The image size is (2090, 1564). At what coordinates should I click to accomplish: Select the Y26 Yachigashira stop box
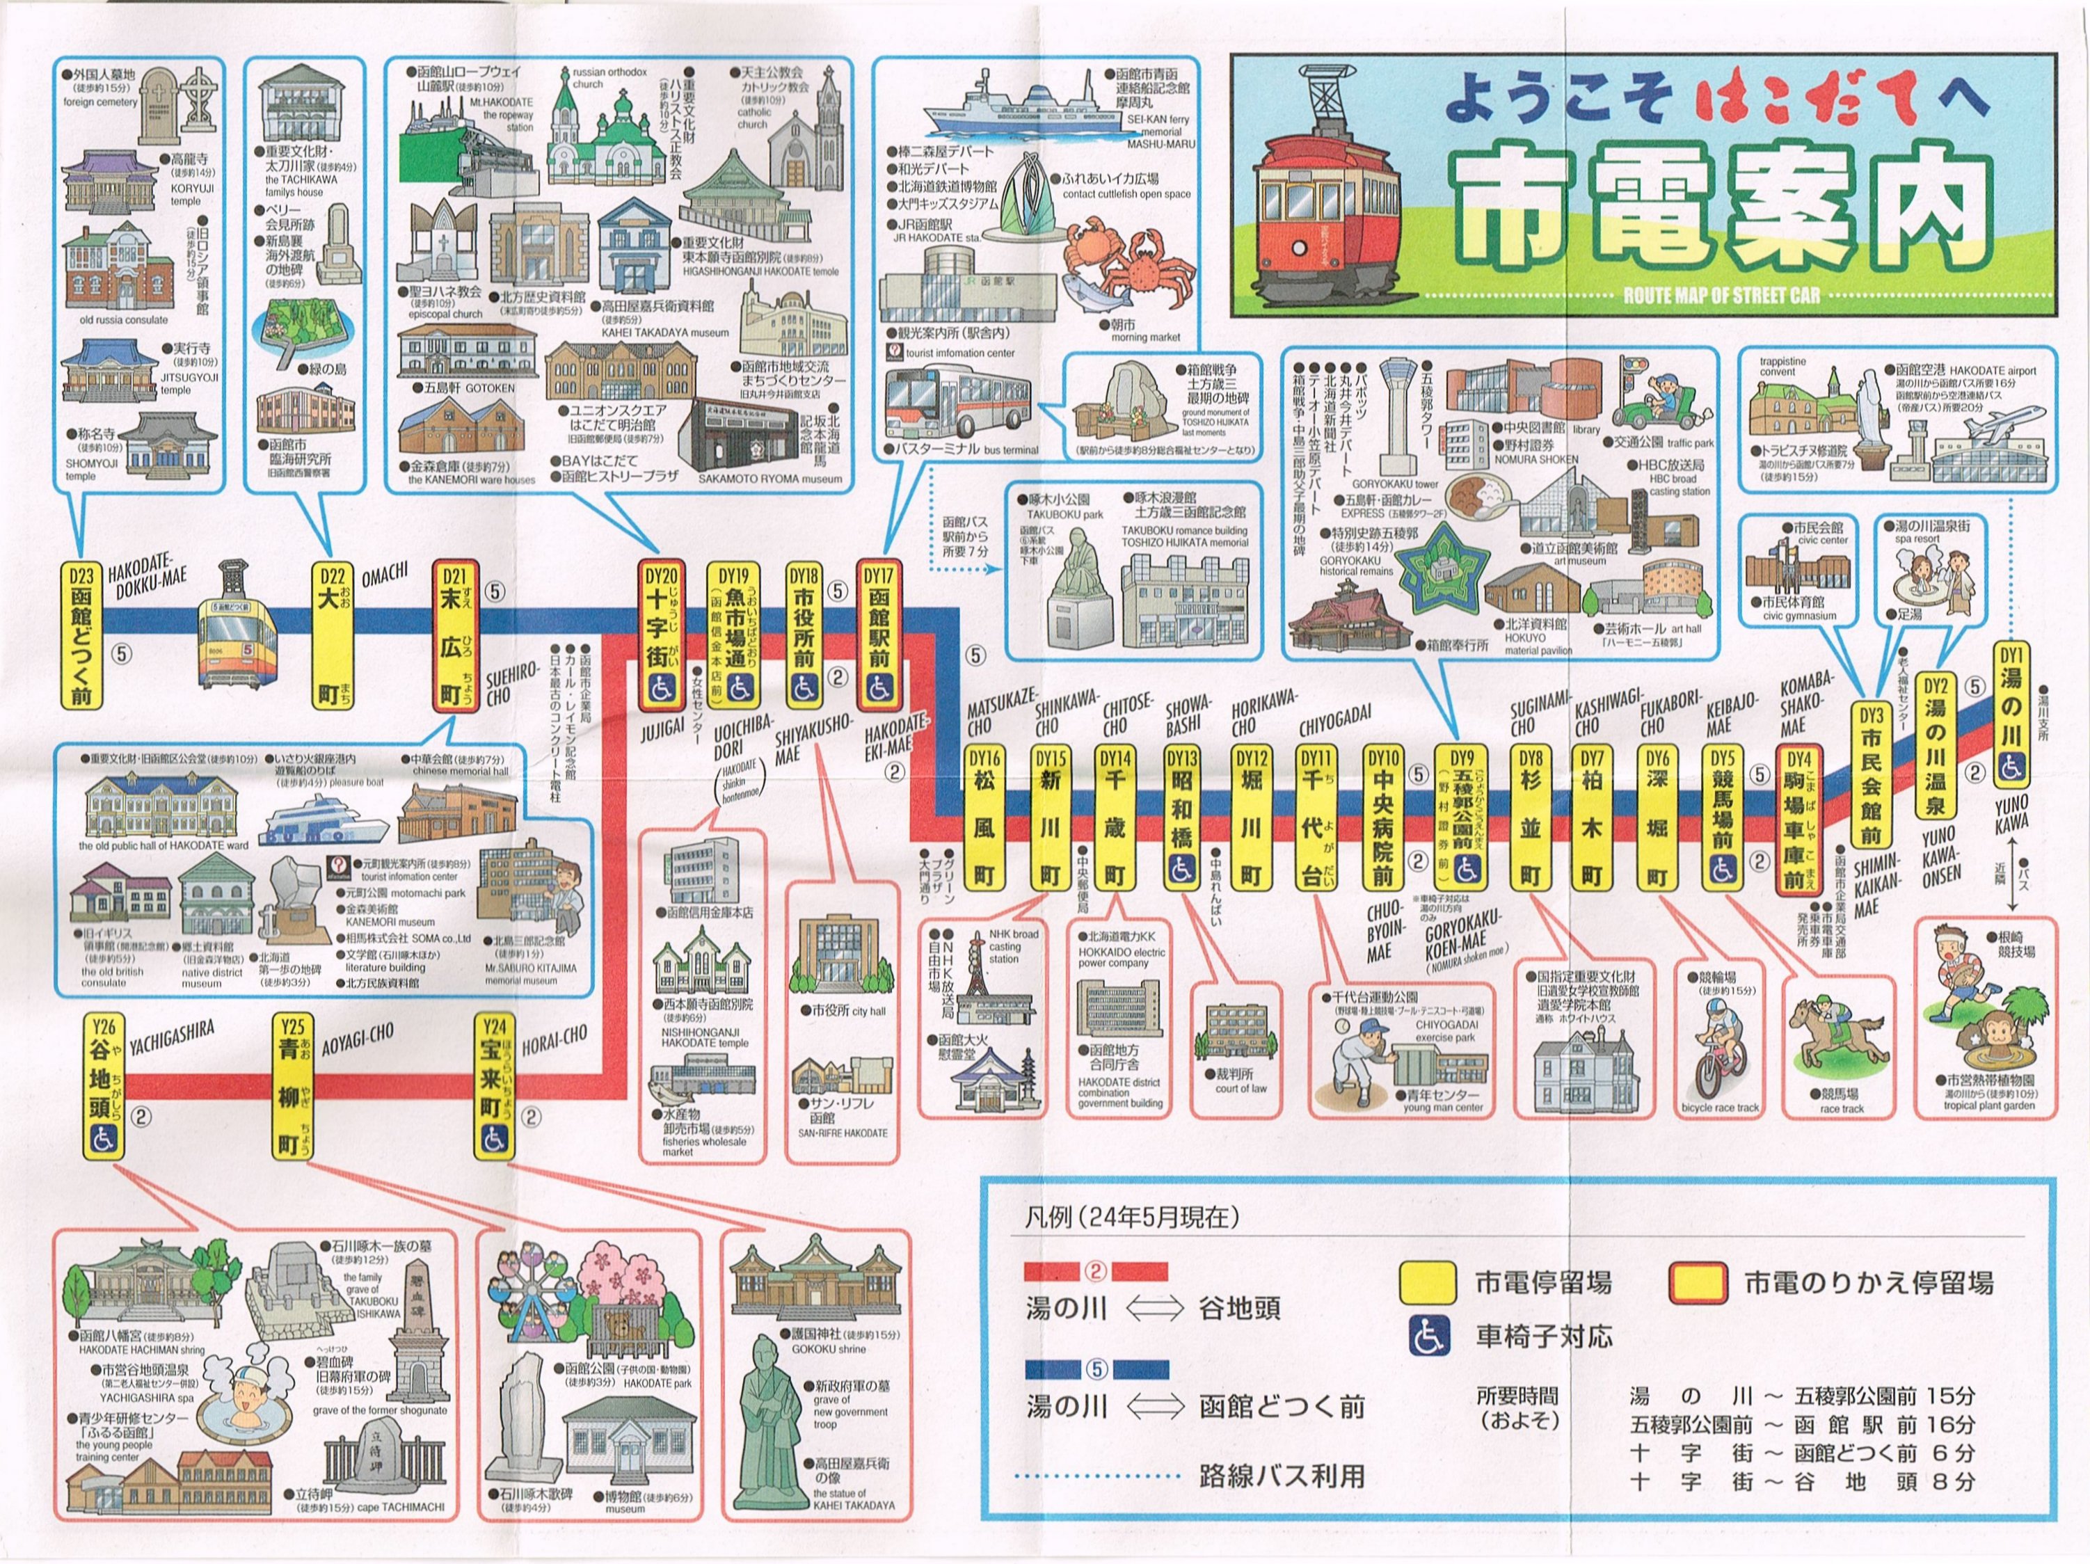(102, 1087)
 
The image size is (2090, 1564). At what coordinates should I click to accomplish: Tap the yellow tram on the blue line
(238, 635)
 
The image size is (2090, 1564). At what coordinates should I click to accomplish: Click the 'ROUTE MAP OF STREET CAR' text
(1721, 295)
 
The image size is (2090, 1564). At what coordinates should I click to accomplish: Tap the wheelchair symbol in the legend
(1428, 1335)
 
